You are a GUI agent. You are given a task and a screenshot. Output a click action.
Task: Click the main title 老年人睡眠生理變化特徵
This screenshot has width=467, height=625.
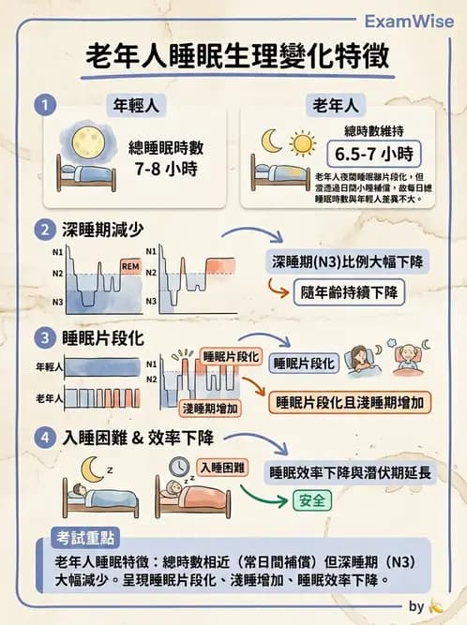233,58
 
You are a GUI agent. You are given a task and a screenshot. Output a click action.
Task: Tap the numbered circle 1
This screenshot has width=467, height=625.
42,105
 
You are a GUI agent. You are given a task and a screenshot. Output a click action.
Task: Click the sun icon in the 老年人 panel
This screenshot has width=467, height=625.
303,142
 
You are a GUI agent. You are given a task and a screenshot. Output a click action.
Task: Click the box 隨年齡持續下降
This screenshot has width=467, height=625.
350,291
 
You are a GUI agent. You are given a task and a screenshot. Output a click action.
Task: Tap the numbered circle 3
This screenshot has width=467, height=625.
42,336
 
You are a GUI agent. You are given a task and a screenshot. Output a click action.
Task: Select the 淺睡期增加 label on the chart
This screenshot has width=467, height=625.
210,407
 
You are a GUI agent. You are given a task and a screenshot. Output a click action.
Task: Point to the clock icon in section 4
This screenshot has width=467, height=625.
177,466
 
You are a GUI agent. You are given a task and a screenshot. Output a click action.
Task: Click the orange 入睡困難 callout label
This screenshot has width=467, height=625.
222,467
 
